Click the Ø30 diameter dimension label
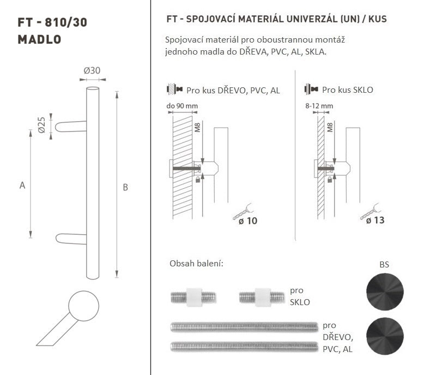pos(92,70)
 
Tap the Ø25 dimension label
pos(41,125)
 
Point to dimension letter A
pos(22,185)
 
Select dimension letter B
pos(125,187)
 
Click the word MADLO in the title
pos(39,39)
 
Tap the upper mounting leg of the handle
pos(71,127)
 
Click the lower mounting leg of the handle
pos(71,239)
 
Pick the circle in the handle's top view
pos(83,306)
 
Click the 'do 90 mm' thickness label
pos(182,106)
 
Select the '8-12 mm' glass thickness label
pos(319,106)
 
